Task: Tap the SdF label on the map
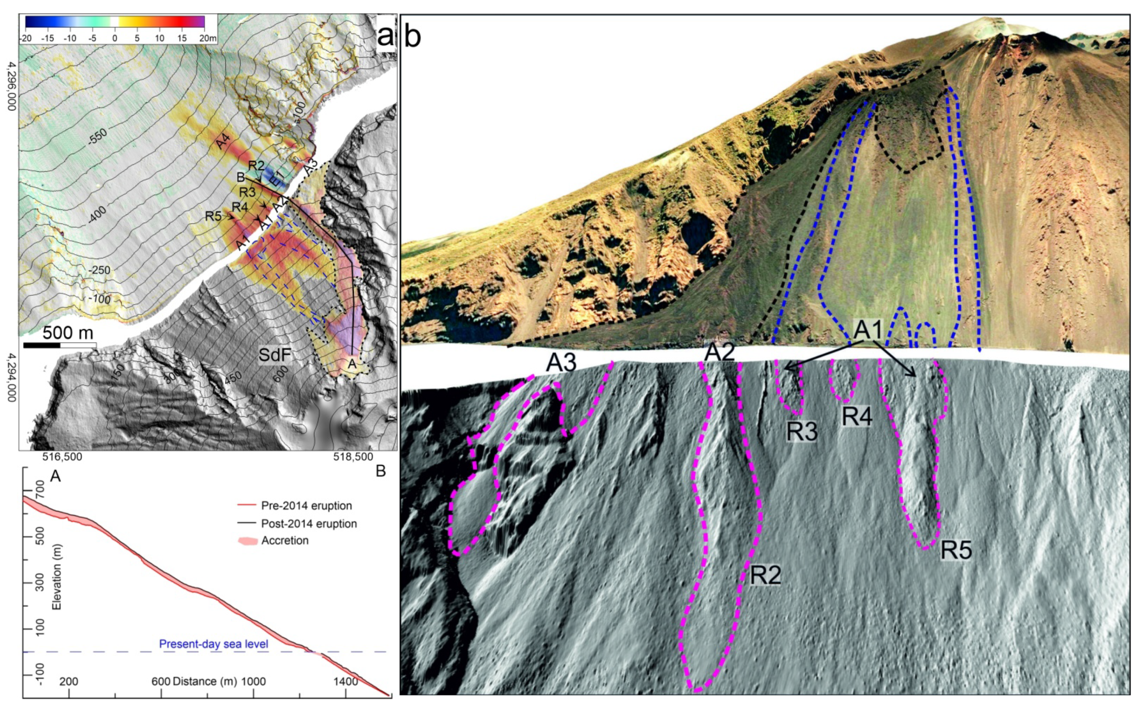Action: pos(275,355)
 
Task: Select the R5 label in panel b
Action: pos(956,550)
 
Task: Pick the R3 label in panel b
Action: pos(802,432)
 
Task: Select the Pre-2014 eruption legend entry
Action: pos(306,506)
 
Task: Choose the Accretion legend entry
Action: pos(284,541)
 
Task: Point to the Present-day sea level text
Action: pos(214,644)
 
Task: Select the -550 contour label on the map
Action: pos(97,136)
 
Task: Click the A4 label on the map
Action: pos(223,141)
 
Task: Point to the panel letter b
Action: pos(412,37)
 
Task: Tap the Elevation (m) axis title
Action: pos(57,580)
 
